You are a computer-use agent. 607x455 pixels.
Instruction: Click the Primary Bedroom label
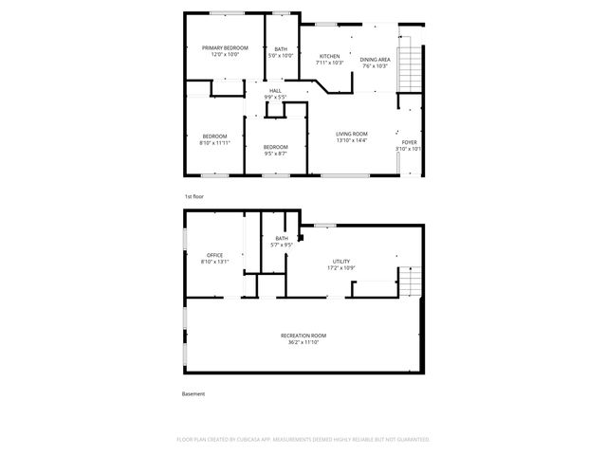(225, 47)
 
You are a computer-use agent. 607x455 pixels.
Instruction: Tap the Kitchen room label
(329, 57)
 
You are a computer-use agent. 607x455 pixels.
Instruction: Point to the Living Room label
(352, 134)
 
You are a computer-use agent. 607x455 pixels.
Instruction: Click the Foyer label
(409, 142)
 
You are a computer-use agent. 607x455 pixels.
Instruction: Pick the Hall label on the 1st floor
(275, 90)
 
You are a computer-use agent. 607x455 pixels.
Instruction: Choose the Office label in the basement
(215, 255)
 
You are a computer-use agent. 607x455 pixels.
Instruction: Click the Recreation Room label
(303, 336)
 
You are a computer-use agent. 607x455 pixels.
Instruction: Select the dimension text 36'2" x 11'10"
(303, 342)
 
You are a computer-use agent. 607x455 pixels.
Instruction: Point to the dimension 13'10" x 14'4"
(352, 140)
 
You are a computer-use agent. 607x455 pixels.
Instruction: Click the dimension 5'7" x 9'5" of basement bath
(282, 245)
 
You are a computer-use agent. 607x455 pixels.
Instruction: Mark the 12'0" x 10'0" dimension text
(225, 54)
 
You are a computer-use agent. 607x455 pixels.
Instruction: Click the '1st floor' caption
(194, 196)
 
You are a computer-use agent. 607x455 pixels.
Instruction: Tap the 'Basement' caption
(193, 394)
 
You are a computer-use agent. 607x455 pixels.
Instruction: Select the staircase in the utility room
(409, 282)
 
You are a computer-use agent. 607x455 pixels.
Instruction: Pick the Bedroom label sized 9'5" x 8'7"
(275, 146)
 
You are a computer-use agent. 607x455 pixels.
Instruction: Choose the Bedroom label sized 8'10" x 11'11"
(214, 136)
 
